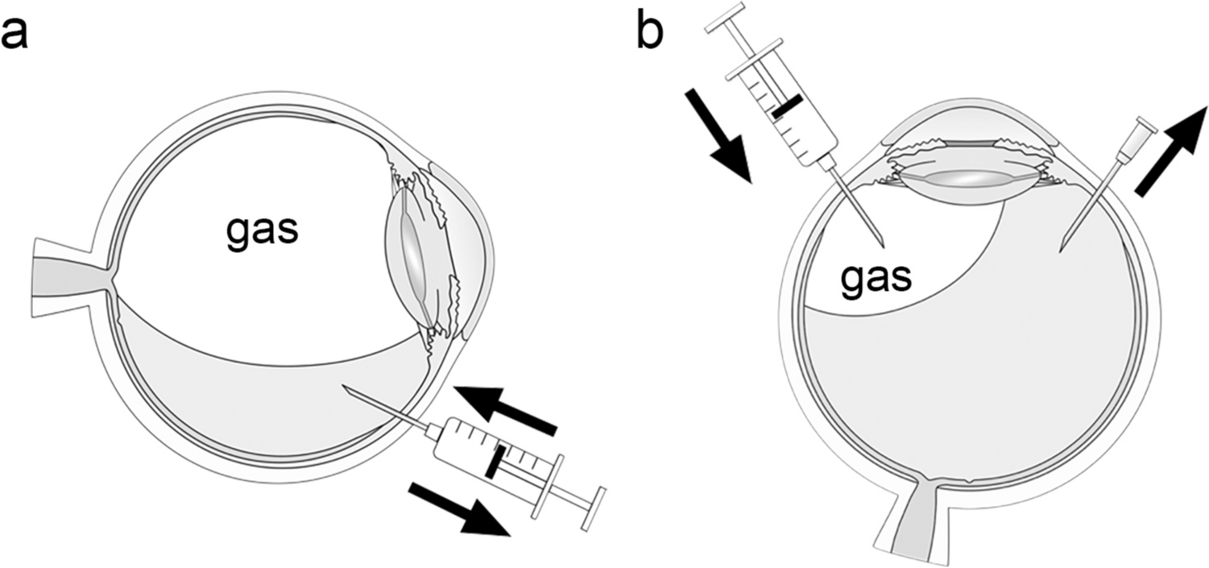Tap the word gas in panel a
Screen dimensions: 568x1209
[261, 230]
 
